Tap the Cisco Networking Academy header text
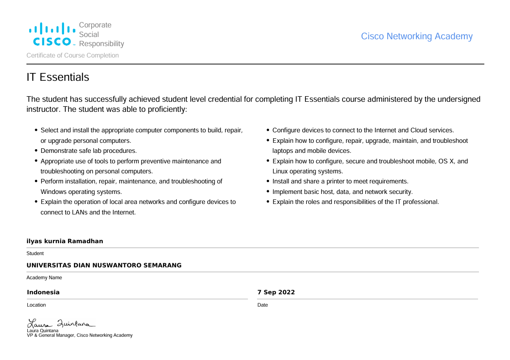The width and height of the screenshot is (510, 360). click(416, 37)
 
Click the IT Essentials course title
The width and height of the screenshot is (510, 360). click(58, 78)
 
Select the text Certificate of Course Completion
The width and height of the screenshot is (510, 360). click(73, 56)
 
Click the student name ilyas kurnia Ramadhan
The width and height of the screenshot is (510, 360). click(65, 241)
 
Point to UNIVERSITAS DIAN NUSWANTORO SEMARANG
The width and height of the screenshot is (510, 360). click(104, 266)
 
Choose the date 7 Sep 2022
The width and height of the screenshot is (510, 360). click(276, 292)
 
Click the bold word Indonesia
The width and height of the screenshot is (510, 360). click(43, 292)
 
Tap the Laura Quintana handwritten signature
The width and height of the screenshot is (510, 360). click(61, 323)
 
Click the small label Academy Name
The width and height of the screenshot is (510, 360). click(44, 277)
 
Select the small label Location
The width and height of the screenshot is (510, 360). click(37, 305)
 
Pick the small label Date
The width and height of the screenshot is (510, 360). click(263, 305)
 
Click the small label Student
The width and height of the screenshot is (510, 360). click(35, 253)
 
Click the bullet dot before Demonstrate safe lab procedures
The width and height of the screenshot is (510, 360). click(36, 151)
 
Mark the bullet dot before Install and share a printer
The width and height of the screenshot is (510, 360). click(268, 181)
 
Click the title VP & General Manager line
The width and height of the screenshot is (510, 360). click(79, 335)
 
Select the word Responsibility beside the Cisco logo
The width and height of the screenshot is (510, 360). click(101, 44)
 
